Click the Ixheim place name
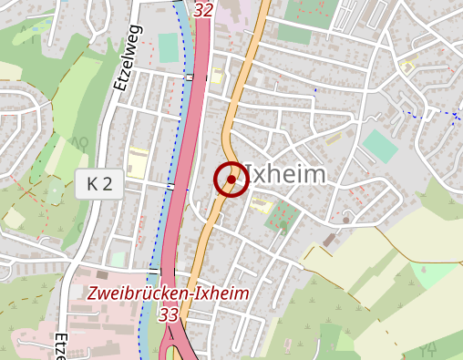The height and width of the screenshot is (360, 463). point(285,174)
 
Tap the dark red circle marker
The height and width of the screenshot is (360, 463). point(231,180)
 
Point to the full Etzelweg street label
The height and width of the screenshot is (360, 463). point(125,57)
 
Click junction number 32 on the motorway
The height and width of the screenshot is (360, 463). point(202,10)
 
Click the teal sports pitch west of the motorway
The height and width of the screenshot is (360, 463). point(170,48)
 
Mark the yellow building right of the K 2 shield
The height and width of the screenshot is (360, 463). point(138,163)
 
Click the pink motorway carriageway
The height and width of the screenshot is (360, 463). point(187,164)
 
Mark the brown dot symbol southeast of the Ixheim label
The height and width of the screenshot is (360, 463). point(346,220)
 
